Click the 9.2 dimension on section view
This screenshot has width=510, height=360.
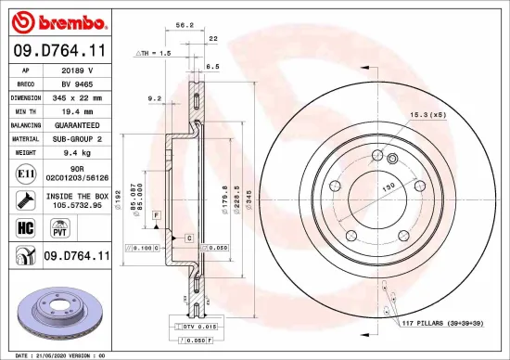[x=155, y=97]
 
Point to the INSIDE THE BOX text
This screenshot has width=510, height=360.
[x=77, y=197]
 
